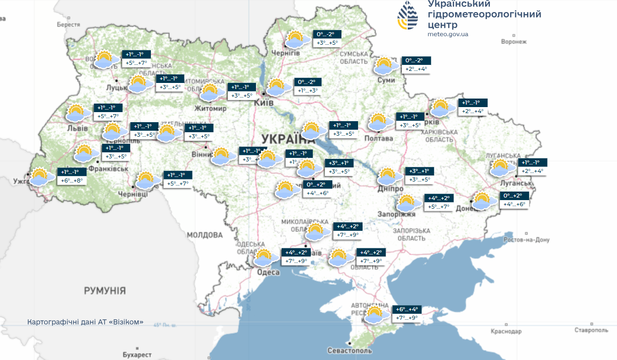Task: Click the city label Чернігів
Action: [286, 53]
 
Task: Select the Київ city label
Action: [264, 102]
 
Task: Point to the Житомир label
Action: [211, 109]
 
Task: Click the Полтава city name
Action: [378, 138]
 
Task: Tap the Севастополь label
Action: [349, 350]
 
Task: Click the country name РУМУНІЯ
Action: [105, 291]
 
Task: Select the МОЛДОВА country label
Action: [205, 235]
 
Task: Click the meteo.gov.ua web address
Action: [448, 34]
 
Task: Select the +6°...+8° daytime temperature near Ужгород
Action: [71, 181]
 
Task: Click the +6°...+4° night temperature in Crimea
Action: [407, 309]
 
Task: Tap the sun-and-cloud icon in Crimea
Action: [374, 315]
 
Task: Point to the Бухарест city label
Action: [137, 354]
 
